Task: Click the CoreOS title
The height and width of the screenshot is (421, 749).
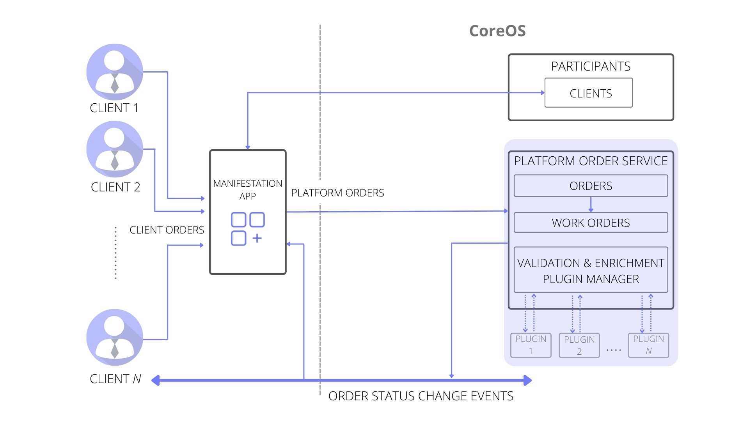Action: pos(497,31)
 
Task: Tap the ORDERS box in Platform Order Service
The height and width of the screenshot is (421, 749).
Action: pos(591,186)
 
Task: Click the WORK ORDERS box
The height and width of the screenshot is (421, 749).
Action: pos(591,223)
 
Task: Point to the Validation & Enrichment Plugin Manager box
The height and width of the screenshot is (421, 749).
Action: pos(591,270)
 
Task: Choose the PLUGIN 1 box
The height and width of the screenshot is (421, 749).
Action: pos(531,345)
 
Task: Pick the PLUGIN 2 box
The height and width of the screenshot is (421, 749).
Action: pos(579,345)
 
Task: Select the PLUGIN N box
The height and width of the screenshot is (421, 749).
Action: pos(648,345)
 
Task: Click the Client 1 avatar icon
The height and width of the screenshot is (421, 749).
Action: pos(115,72)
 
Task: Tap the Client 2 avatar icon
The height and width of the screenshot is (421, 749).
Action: pos(115,149)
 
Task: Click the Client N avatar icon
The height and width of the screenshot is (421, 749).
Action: pos(115,337)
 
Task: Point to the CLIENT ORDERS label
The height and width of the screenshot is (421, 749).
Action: pos(167,230)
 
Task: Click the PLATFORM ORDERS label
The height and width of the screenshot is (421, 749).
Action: pos(337,193)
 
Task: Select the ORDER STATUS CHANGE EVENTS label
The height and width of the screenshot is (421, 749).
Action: pos(421,396)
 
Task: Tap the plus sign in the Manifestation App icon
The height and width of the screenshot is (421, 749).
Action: pos(257,238)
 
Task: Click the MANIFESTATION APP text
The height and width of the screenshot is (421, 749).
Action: pos(248,189)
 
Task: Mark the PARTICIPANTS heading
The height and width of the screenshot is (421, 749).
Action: pos(591,66)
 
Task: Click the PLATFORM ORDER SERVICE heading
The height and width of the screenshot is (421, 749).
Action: pos(591,161)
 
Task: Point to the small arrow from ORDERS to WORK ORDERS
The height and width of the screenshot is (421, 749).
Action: pos(591,204)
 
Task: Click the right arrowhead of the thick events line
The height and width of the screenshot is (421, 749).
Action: pos(527,380)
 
